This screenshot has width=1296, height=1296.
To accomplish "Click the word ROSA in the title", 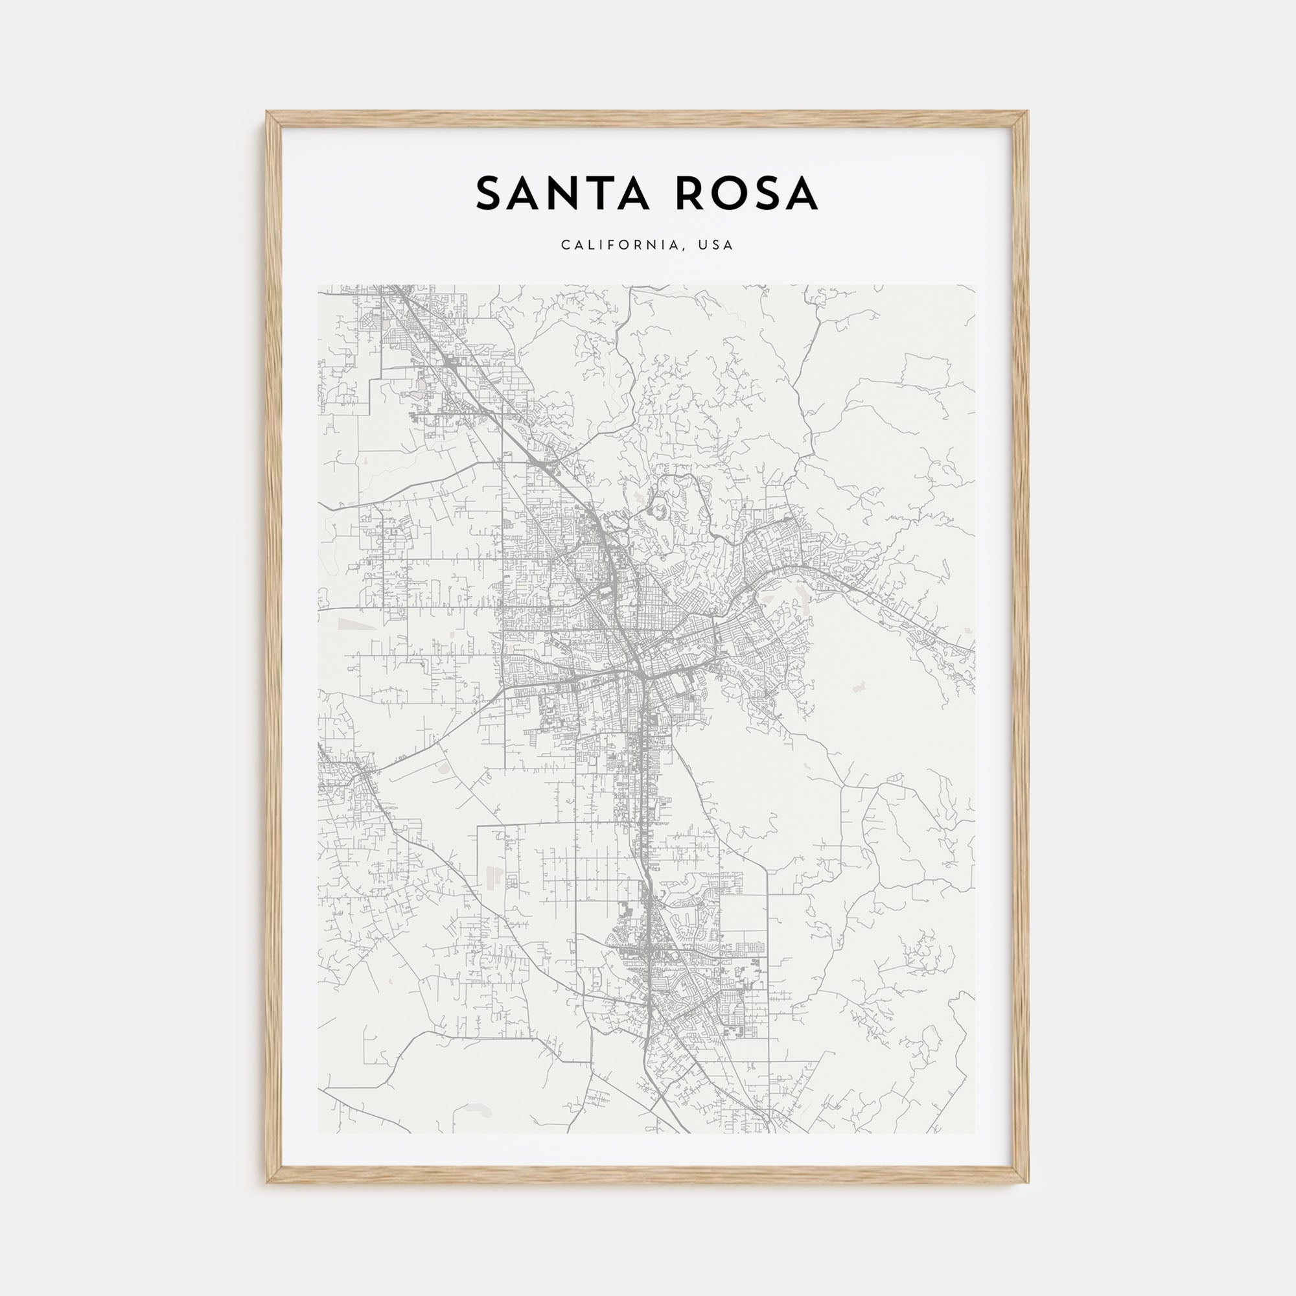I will click(746, 194).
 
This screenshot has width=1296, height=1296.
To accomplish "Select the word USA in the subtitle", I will click(716, 245).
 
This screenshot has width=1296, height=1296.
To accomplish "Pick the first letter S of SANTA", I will click(489, 194).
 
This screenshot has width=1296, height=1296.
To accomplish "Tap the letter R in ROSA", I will click(691, 194).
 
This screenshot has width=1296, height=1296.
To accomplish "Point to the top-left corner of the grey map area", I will click(318, 284).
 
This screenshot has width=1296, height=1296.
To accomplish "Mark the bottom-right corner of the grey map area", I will click(975, 1133).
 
